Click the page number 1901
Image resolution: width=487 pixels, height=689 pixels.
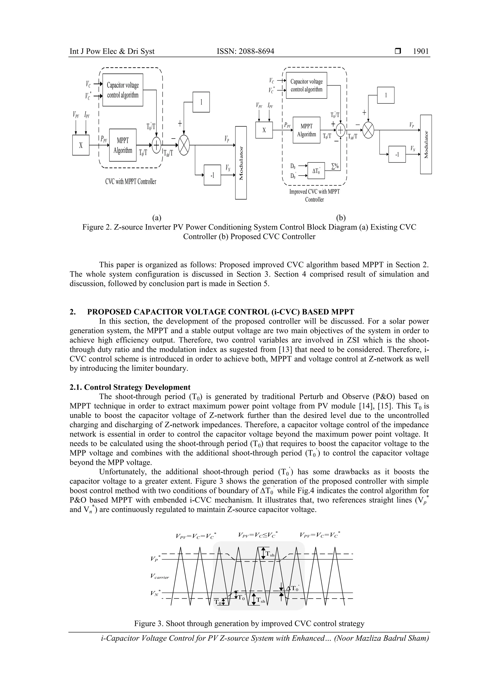[421, 51]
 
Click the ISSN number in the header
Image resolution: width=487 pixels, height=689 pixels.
[245, 51]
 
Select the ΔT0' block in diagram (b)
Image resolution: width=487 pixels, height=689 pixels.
[316, 171]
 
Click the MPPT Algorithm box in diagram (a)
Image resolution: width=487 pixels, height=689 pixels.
[123, 145]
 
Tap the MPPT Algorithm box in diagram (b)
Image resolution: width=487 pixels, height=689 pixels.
[306, 130]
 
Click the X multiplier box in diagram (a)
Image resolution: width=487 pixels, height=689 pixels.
[81, 145]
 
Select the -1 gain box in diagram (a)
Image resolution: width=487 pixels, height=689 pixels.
[212, 175]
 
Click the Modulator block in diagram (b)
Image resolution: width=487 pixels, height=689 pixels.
[426, 144]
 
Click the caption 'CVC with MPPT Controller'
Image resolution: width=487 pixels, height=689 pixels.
[131, 181]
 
